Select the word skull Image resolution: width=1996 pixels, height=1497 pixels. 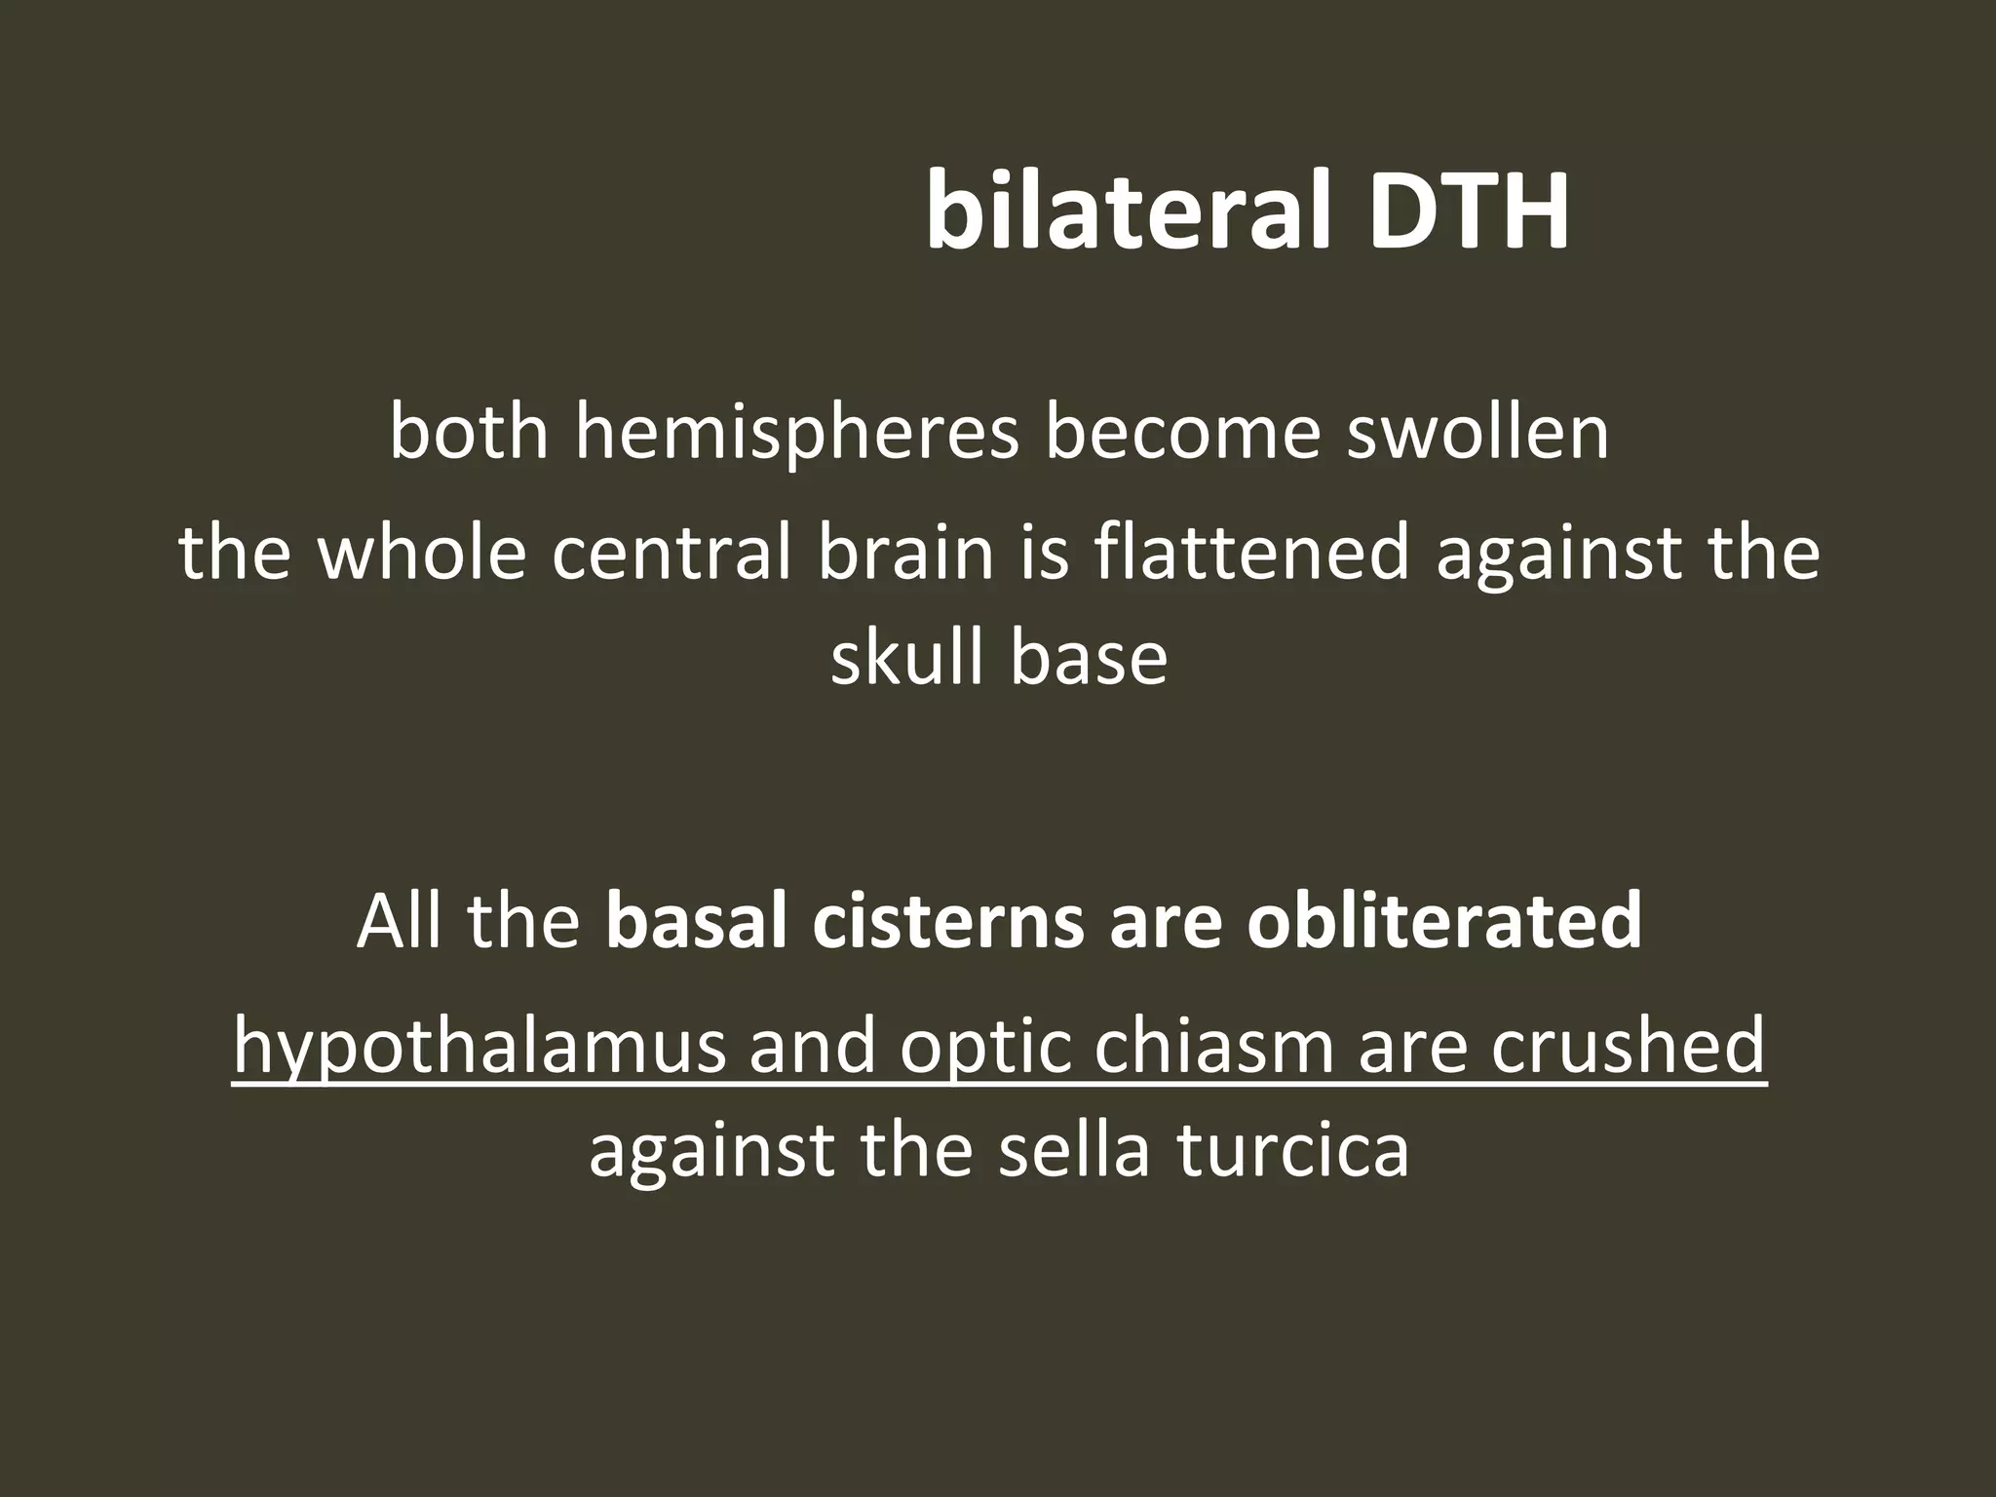coord(905,658)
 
